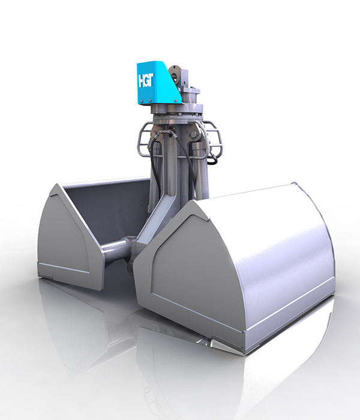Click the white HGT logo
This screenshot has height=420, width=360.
click(x=145, y=80)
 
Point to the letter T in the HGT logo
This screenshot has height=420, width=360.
click(x=150, y=80)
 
